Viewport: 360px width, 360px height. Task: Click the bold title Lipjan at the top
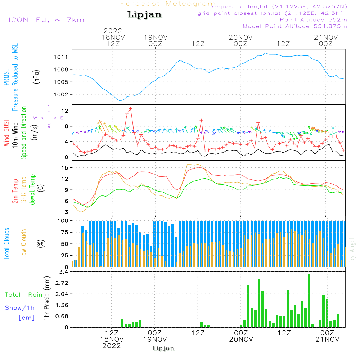144,15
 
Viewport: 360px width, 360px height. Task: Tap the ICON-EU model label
46,20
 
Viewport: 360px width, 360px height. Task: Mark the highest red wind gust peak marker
130,109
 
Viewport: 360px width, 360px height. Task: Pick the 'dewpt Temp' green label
32,190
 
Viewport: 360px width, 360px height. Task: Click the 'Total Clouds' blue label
6,243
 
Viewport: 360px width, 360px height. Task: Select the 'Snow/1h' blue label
20,308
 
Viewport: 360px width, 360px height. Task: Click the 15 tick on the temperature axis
65,168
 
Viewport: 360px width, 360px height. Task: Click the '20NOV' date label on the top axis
240,37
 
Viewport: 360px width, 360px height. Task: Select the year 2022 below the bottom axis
112,346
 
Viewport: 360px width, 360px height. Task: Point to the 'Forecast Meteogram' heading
168,4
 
